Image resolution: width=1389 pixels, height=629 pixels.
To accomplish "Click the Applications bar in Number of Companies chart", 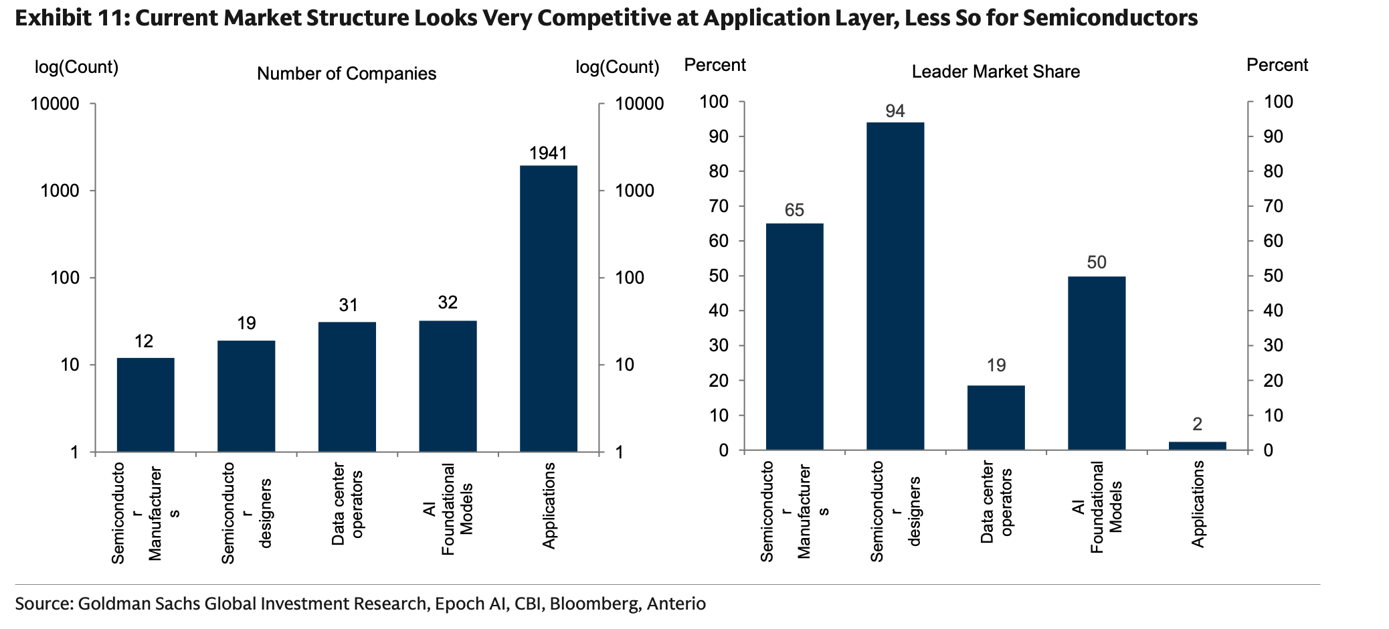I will (x=548, y=308).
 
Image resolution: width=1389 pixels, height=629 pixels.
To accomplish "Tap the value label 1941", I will (x=548, y=153).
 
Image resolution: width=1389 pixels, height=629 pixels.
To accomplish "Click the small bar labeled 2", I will (x=1197, y=446).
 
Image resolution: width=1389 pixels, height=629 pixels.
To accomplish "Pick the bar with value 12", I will (x=145, y=405).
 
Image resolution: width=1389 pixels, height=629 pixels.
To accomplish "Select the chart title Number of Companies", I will (x=347, y=74).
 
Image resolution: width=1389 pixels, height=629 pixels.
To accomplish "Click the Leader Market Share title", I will (x=996, y=72).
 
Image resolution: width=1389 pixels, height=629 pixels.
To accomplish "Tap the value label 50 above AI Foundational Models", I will (x=1097, y=262).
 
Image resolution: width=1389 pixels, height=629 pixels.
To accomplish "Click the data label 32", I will (x=448, y=302).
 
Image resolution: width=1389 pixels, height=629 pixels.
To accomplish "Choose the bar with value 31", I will (x=347, y=387).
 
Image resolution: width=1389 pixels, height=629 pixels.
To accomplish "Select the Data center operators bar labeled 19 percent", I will (x=996, y=418).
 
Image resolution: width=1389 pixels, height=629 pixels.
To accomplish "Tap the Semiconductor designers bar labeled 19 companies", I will (x=246, y=396).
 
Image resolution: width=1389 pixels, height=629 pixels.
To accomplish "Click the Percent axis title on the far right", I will (x=1277, y=65).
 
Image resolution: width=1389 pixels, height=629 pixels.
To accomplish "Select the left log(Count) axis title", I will (x=76, y=67).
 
